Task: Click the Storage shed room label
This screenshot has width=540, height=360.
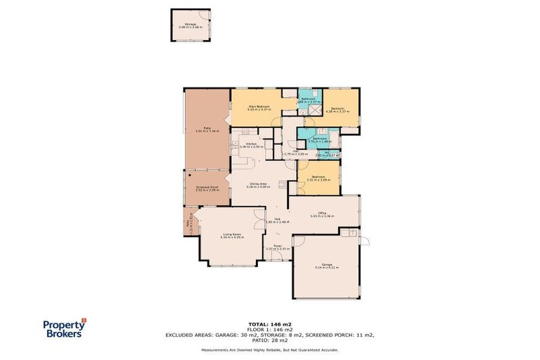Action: click(x=191, y=24)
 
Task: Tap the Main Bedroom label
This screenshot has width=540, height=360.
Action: click(x=259, y=105)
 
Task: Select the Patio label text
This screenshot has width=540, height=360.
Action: click(x=207, y=128)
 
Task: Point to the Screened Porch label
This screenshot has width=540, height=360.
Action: click(x=207, y=187)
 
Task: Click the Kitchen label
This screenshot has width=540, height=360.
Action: click(x=250, y=144)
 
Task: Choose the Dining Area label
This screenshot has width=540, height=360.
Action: click(x=259, y=184)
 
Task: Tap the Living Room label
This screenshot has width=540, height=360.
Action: click(x=233, y=235)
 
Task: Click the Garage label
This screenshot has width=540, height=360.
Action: click(x=327, y=264)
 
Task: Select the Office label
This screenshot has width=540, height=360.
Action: click(x=322, y=213)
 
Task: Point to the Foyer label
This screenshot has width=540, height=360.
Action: click(x=277, y=245)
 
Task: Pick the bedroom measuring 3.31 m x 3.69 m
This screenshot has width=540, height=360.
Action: click(x=318, y=177)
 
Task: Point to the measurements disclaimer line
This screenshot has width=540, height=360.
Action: click(x=270, y=349)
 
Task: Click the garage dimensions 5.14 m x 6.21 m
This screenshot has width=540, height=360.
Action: click(x=327, y=268)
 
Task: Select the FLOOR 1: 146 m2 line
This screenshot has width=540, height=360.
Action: click(x=269, y=329)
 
